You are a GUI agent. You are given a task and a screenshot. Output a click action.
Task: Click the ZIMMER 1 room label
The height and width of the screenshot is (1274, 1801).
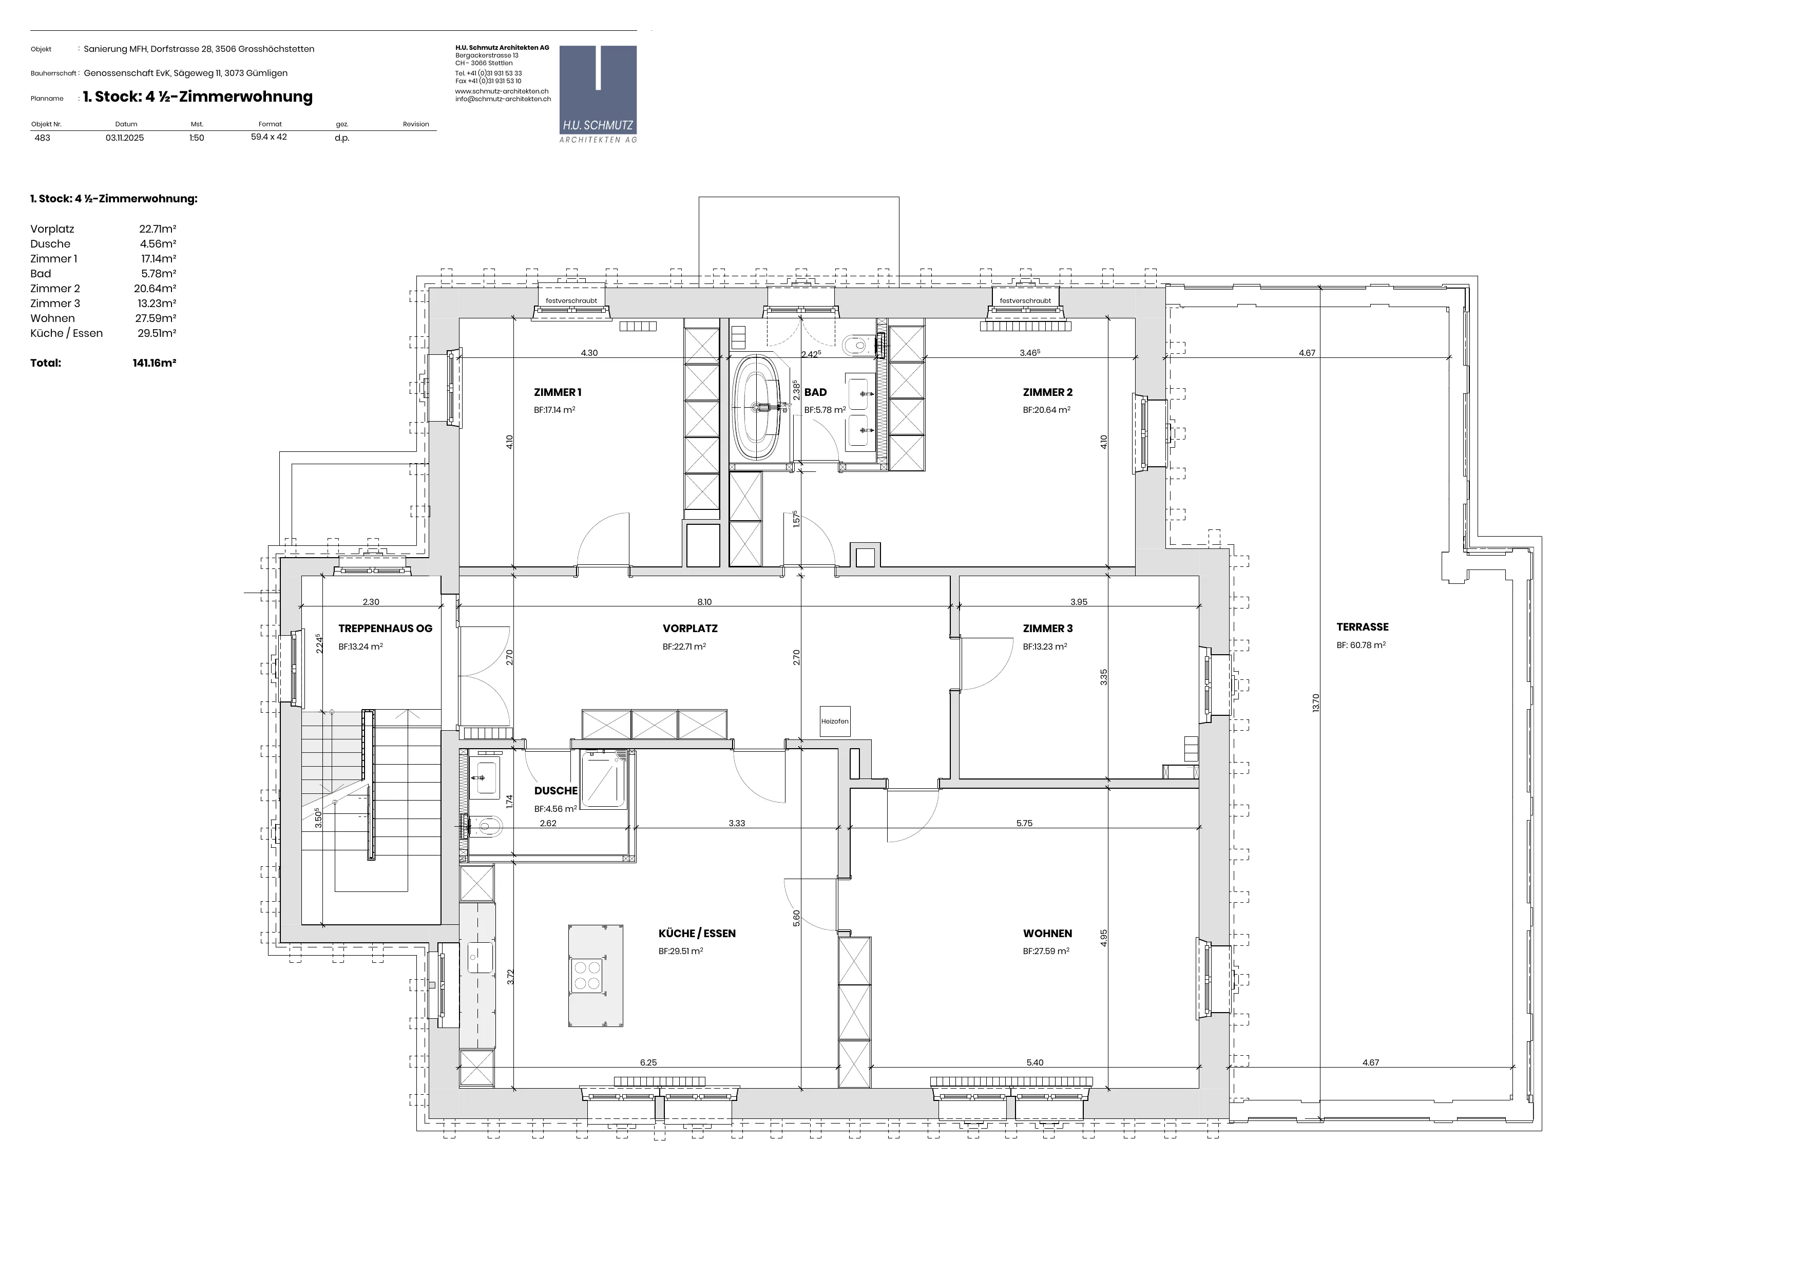pyautogui.click(x=557, y=392)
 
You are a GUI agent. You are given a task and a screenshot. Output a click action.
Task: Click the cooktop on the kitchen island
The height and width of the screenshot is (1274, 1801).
pyautogui.click(x=587, y=975)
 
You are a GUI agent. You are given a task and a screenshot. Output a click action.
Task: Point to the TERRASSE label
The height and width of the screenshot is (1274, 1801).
pyautogui.click(x=1363, y=627)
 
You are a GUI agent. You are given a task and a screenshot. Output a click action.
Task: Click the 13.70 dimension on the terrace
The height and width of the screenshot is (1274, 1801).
pyautogui.click(x=1315, y=702)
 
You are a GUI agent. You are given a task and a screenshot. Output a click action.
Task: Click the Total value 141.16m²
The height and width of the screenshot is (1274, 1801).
pyautogui.click(x=155, y=363)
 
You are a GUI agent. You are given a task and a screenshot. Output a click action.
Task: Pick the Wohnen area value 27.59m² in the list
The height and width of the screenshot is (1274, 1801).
pyautogui.click(x=158, y=318)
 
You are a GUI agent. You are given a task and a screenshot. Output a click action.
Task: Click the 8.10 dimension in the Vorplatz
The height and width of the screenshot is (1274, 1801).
pyautogui.click(x=704, y=602)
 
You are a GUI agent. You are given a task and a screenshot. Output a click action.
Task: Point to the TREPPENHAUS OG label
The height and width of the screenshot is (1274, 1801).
pyautogui.click(x=385, y=629)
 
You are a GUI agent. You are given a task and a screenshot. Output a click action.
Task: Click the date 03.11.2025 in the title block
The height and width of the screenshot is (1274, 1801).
pyautogui.click(x=125, y=137)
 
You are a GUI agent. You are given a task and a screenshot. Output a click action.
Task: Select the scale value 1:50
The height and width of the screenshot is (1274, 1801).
pyautogui.click(x=196, y=137)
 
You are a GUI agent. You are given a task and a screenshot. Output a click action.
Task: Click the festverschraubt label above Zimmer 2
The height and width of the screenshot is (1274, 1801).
pyautogui.click(x=1025, y=300)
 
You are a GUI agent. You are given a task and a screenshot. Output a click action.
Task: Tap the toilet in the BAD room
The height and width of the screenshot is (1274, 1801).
pyautogui.click(x=858, y=344)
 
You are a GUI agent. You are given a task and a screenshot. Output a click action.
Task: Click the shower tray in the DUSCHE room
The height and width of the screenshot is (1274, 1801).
pyautogui.click(x=603, y=778)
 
